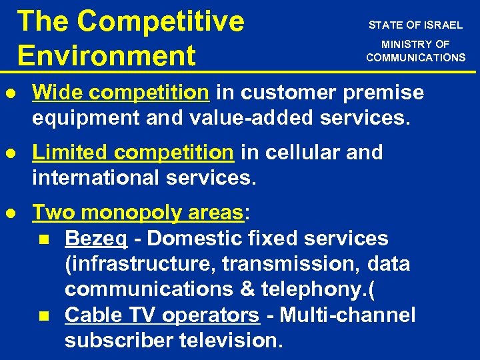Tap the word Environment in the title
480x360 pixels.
pos(107,55)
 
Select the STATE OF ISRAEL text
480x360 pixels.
pos(415,25)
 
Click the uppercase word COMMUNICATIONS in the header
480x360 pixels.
pos(415,57)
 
